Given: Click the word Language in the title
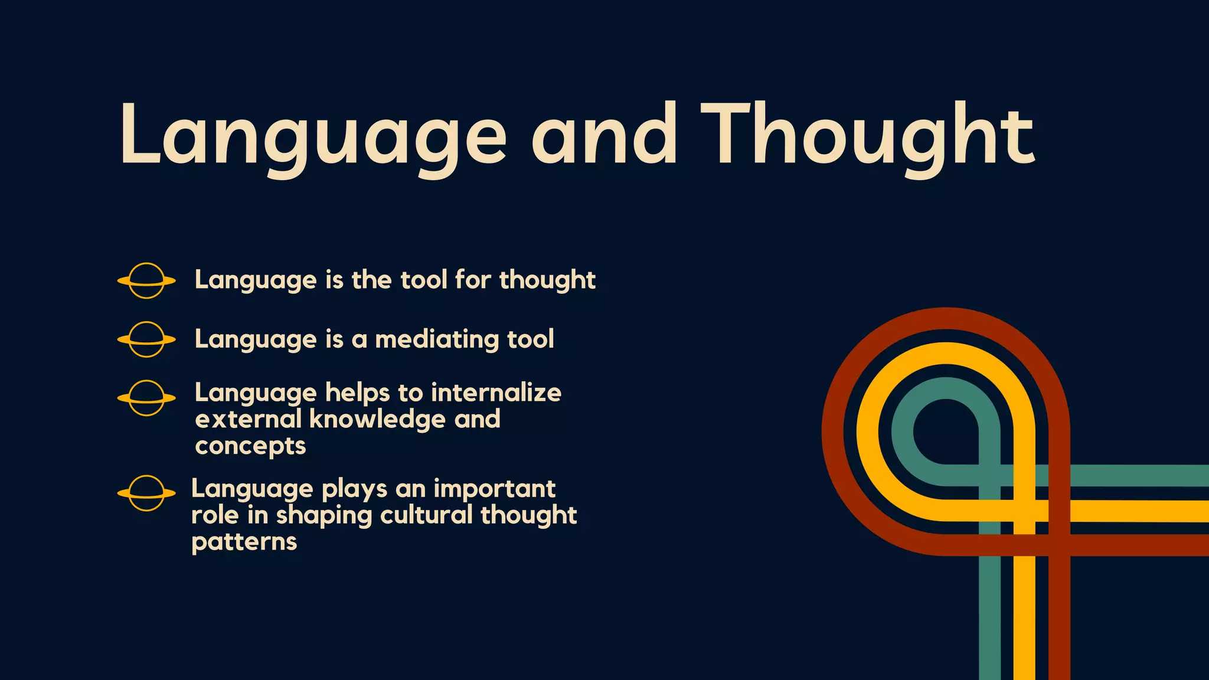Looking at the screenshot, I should (x=313, y=137).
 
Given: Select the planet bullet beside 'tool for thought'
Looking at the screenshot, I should (x=146, y=280).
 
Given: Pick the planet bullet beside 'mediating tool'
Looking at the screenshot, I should (x=146, y=339).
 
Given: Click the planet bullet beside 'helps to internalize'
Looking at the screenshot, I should (x=146, y=398).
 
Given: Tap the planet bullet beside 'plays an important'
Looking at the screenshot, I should (x=146, y=493).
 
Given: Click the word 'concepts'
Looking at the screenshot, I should (x=250, y=447).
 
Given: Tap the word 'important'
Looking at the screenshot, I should (x=494, y=489).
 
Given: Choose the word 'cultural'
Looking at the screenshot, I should (x=426, y=515).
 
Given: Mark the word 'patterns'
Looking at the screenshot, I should (x=244, y=542).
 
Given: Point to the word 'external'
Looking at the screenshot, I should (x=248, y=419).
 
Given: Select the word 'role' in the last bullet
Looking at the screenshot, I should (x=213, y=515).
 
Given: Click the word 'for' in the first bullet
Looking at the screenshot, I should (x=473, y=280).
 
